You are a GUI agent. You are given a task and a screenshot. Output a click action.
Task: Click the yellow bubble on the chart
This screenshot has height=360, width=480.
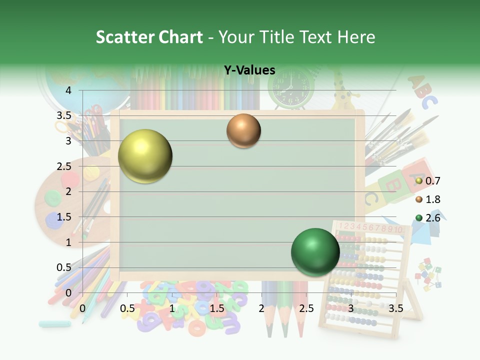[145, 156]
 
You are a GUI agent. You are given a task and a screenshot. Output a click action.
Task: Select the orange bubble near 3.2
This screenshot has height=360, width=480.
[243, 131]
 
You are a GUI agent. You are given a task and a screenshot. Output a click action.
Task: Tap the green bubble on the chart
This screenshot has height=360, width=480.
[315, 252]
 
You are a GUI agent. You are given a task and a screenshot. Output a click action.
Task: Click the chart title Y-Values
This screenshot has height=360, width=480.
[249, 70]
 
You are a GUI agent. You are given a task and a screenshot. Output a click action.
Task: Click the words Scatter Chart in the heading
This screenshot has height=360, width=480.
[149, 37]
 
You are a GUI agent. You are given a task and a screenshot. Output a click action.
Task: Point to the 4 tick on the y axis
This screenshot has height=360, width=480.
[68, 90]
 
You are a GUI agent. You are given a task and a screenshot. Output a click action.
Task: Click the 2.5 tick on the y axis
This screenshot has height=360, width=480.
[64, 166]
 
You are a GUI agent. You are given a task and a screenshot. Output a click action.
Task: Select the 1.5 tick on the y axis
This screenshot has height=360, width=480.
[64, 217]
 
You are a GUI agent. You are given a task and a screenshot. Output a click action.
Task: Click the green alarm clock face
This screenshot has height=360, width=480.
[290, 87]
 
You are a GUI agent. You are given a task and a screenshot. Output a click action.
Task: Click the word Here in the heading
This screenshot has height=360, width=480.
[356, 37]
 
